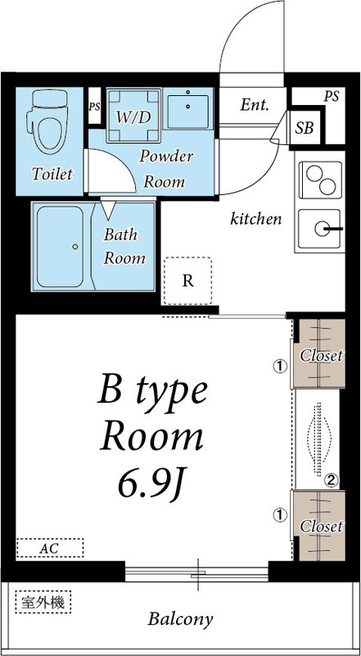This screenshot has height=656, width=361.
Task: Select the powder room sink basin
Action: pyautogui.click(x=190, y=108)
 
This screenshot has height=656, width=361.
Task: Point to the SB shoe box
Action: pyautogui.click(x=305, y=127)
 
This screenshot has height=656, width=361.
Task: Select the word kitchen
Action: pyautogui.click(x=256, y=219)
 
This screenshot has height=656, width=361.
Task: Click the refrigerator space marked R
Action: pyautogui.click(x=187, y=280)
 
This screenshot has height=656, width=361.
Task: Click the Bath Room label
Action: pyautogui.click(x=124, y=245)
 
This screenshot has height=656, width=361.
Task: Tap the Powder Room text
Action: pyautogui.click(x=165, y=168)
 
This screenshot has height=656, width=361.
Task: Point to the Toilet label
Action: pyautogui.click(x=52, y=175)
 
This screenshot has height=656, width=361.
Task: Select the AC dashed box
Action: pyautogui.click(x=50, y=546)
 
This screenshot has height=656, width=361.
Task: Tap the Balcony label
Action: pyautogui.click(x=181, y=618)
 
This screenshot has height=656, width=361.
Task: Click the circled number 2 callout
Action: pyautogui.click(x=332, y=480)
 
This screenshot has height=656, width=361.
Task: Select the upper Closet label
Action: pyautogui.click(x=321, y=356)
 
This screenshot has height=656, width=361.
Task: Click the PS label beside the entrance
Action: pyautogui.click(x=331, y=96)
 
